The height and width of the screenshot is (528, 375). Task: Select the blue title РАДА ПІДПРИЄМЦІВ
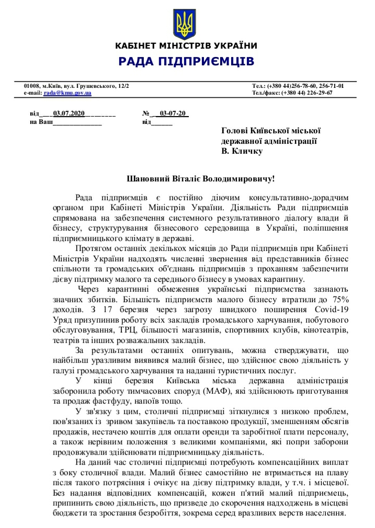click(x=186, y=62)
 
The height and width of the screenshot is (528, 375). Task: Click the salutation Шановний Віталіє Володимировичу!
click(x=201, y=179)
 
